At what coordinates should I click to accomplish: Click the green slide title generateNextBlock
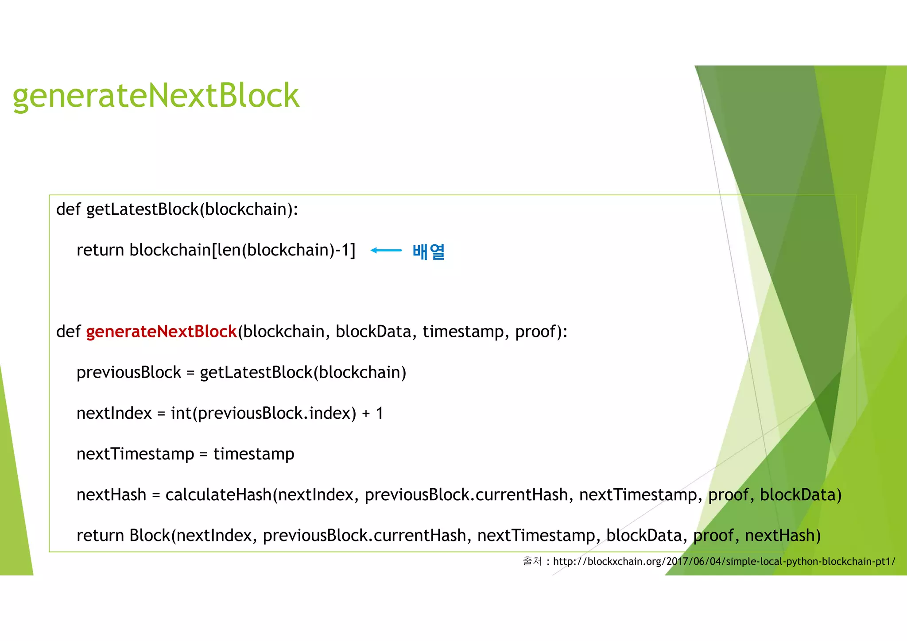[x=156, y=96]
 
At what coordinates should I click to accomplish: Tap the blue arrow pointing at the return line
[x=386, y=251]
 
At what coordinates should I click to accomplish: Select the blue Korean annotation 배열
[x=428, y=251]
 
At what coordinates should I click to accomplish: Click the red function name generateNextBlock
[x=161, y=332]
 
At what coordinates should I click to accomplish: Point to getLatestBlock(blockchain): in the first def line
[x=192, y=209]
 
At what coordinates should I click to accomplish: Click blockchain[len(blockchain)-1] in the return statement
[x=242, y=251]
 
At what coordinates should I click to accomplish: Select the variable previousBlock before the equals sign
[x=128, y=373]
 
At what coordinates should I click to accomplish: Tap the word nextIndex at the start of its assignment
[x=114, y=413]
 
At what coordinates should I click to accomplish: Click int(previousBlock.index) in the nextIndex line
[x=264, y=413]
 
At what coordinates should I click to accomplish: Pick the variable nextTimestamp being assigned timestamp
[x=135, y=454]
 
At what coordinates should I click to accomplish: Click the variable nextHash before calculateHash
[x=111, y=495]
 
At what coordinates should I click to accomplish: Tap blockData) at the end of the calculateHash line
[x=801, y=495]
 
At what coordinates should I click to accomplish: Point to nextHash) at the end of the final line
[x=783, y=536]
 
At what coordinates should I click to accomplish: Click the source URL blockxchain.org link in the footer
[x=724, y=562]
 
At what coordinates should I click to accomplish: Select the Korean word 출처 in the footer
[x=532, y=562]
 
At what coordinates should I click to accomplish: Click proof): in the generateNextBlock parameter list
[x=541, y=332]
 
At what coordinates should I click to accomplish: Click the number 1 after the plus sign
[x=380, y=413]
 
